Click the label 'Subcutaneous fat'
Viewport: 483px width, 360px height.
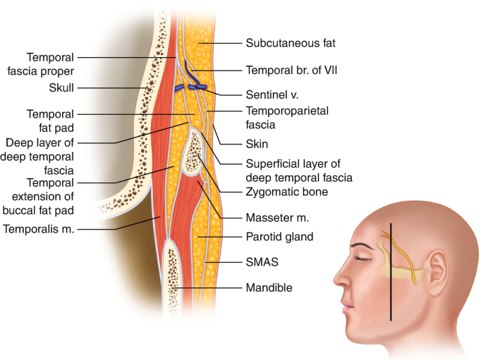point(289,43)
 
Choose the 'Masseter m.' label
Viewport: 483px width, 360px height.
point(277,218)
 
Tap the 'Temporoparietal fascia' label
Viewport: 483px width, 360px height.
point(285,118)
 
